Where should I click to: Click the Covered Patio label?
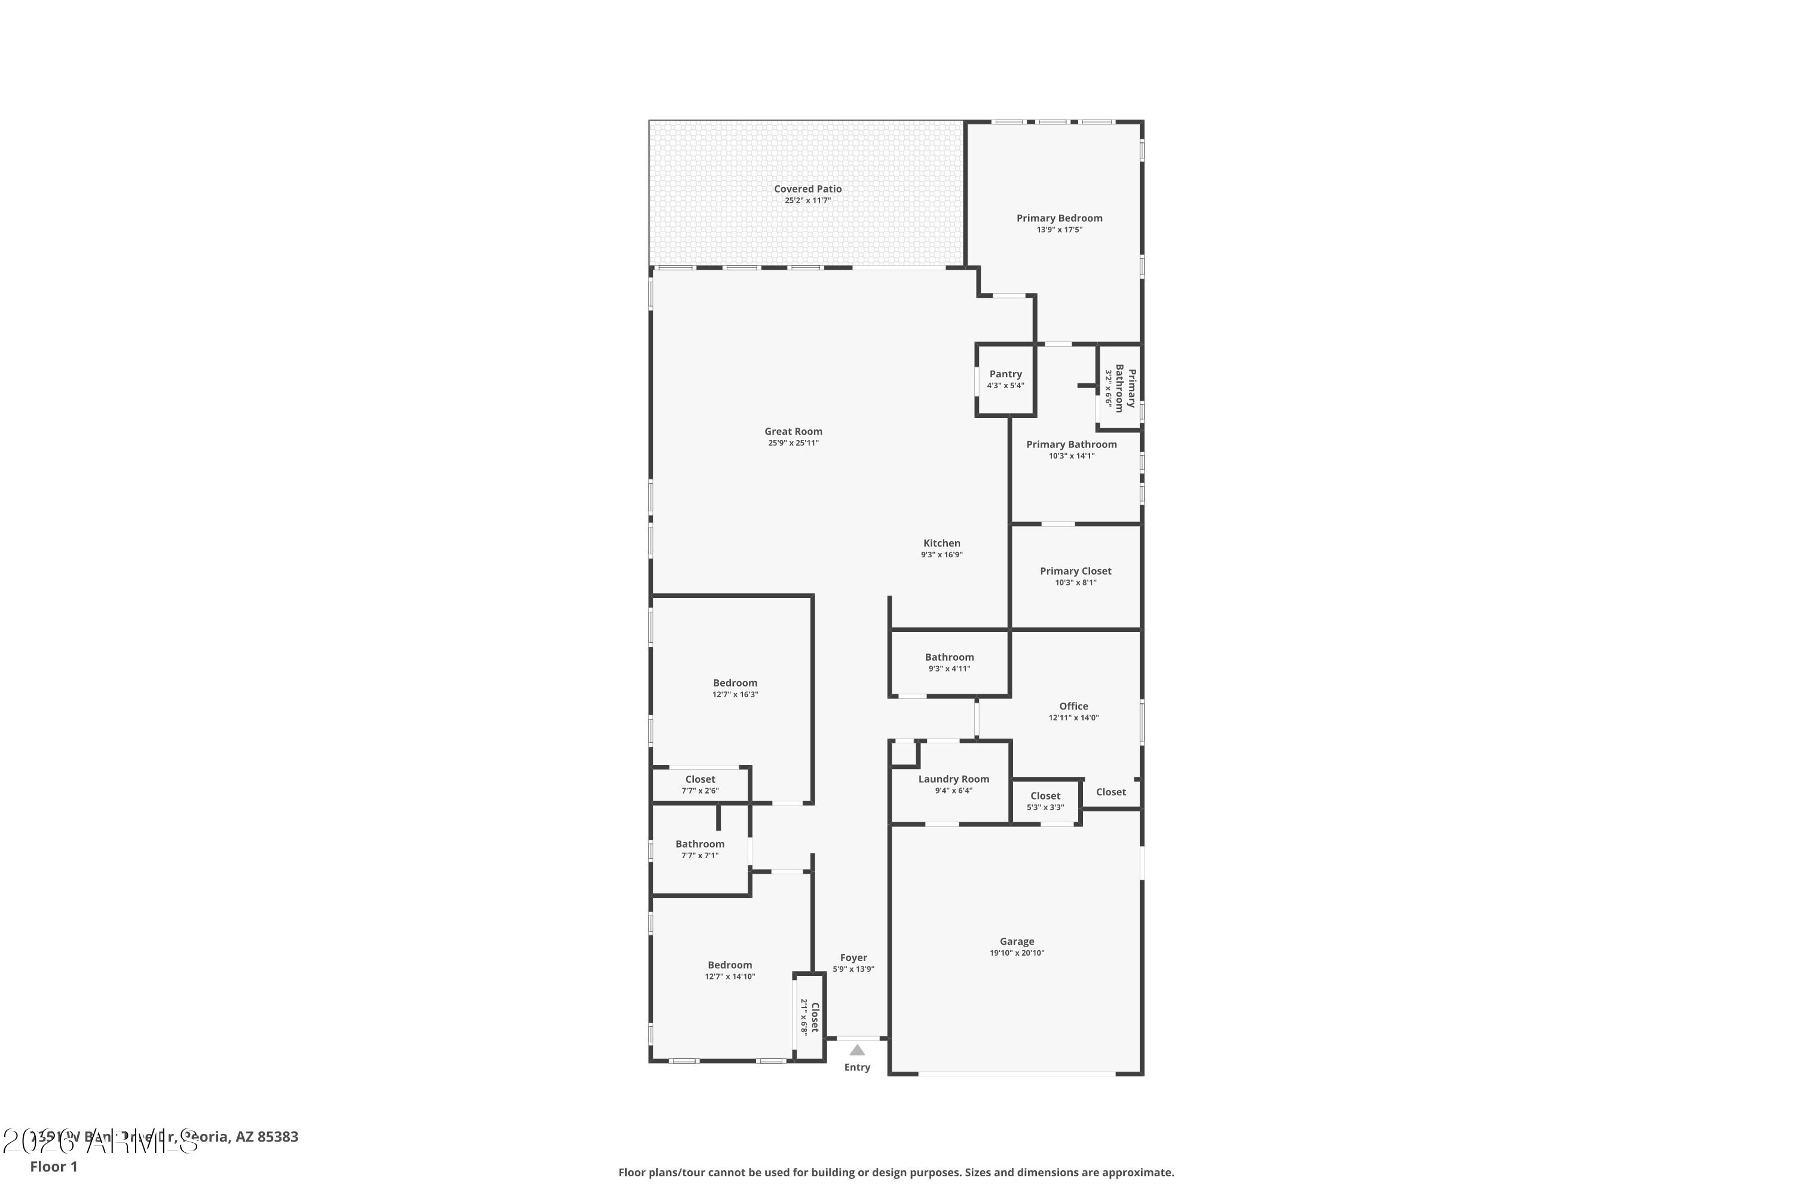coord(807,189)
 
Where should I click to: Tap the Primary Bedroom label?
coord(1059,218)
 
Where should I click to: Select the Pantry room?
coord(1005,380)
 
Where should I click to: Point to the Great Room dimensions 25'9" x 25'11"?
coord(793,443)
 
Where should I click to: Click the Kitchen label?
coord(941,544)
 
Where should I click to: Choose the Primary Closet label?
coord(1075,571)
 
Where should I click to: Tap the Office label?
coord(1073,706)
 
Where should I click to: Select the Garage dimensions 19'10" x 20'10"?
coord(1017,953)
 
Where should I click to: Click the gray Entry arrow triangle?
coord(857,1050)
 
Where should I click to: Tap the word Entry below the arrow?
coord(857,1067)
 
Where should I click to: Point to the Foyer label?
coord(853,958)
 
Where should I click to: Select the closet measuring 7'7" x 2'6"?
coord(700,785)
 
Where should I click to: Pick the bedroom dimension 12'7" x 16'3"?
coord(735,695)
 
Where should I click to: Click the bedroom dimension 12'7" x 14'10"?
coord(730,977)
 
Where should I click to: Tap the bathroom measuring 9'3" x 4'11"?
coord(949,662)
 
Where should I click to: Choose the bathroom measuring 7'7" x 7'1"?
coord(700,849)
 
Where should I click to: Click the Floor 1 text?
coord(53,1166)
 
